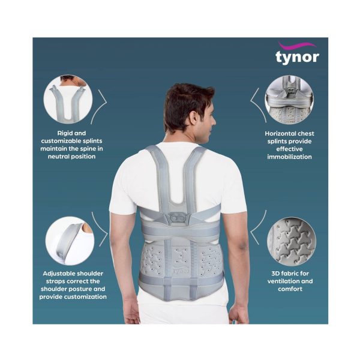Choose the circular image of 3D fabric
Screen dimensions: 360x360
[x=289, y=241]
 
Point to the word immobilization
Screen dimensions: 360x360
[x=289, y=157]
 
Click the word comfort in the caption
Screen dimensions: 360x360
[x=289, y=289]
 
